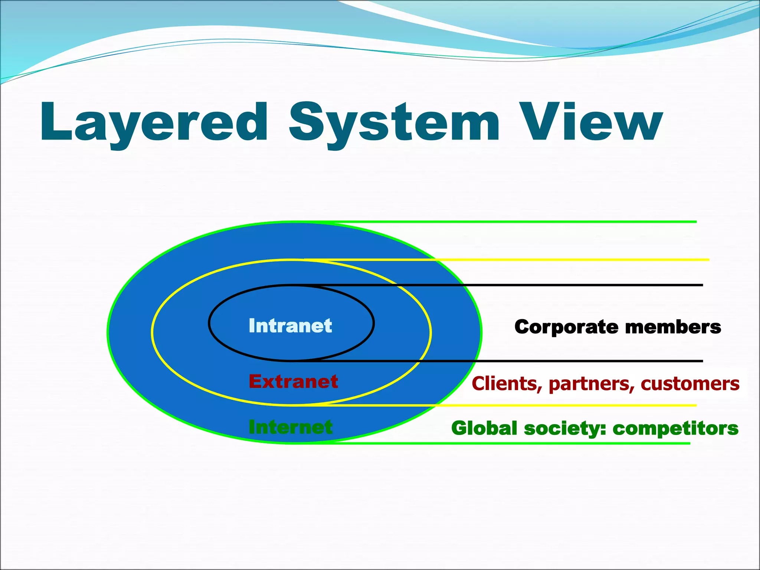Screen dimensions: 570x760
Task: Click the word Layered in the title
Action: [x=154, y=122]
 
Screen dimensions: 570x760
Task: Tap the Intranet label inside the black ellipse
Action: [x=290, y=326]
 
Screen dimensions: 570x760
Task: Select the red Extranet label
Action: [x=293, y=381]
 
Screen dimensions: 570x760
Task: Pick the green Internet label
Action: [x=291, y=427]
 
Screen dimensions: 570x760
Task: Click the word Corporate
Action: [x=566, y=327]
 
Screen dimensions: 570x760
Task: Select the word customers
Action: [x=690, y=384]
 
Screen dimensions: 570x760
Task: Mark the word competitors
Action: [x=675, y=428]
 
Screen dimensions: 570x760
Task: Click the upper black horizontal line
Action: [x=557, y=285]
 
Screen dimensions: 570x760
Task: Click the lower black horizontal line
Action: [x=557, y=361]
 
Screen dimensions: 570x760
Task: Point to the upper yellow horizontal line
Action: [x=557, y=260]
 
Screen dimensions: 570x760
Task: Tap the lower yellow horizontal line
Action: [x=557, y=405]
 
